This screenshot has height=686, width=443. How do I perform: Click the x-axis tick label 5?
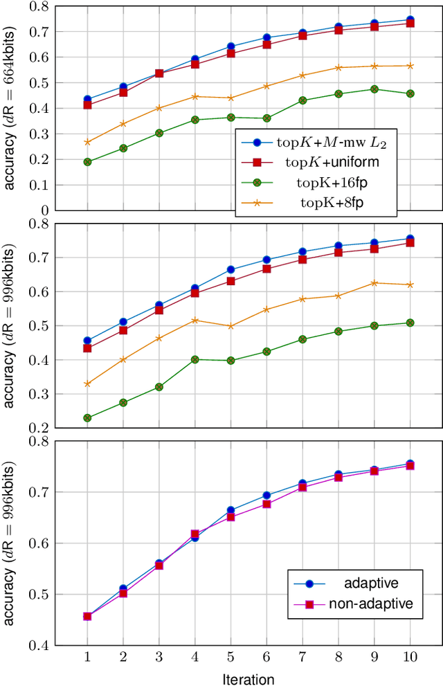[230, 656]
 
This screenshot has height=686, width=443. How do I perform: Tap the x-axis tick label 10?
[410, 656]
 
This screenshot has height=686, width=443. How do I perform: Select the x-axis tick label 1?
[87, 656]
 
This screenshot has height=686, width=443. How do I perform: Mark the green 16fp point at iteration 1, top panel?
[87, 162]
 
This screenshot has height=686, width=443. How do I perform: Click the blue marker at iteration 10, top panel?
[410, 21]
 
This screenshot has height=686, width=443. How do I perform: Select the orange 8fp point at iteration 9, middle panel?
[374, 283]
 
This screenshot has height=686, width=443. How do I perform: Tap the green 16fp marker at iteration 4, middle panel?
[195, 360]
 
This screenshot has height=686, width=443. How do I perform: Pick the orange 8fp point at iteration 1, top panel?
[87, 142]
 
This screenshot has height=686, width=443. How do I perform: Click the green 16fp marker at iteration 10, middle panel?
[410, 323]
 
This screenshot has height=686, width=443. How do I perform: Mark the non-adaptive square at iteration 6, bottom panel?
[266, 504]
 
